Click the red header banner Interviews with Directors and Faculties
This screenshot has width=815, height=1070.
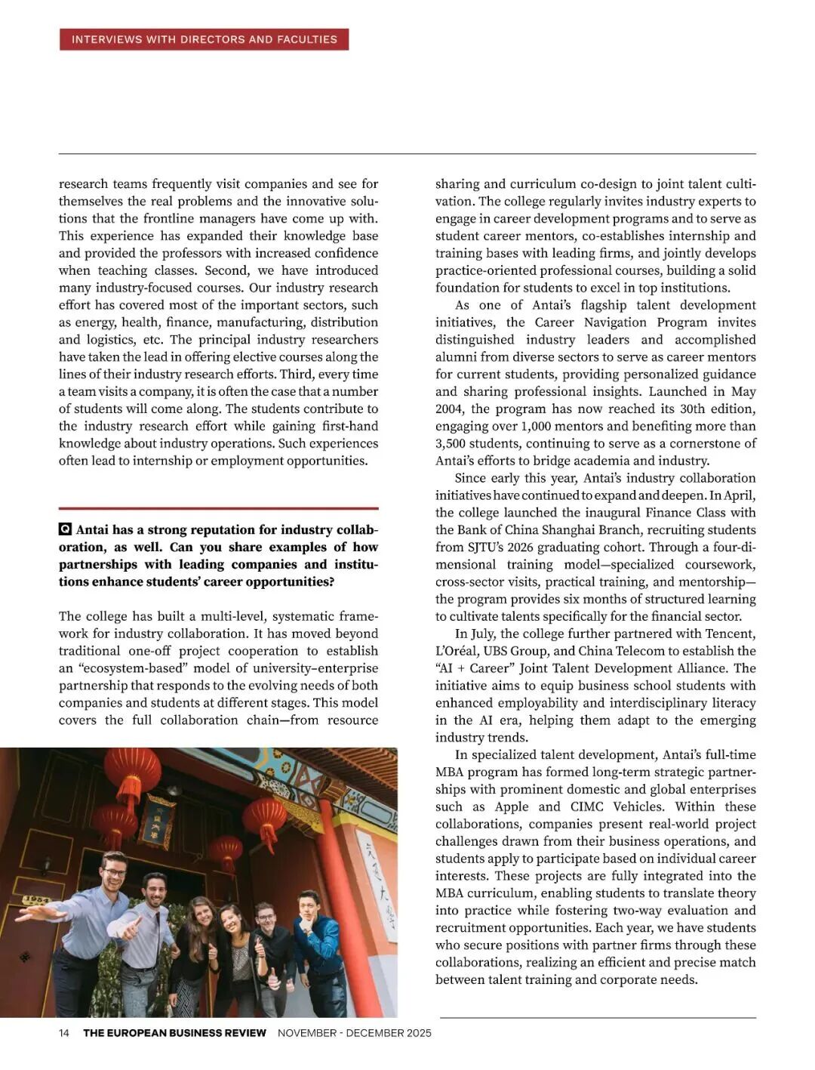pos(204,39)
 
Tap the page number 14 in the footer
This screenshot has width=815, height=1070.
pos(64,1033)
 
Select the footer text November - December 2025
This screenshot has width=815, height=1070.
pos(354,1033)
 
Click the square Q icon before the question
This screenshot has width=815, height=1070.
pos(65,530)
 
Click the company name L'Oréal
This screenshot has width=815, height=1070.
pos(455,651)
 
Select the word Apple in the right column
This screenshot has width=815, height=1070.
pos(512,806)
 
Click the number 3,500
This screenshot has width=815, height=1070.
pos(452,443)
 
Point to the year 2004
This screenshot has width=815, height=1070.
pos(449,409)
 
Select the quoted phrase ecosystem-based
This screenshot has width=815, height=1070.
pos(131,668)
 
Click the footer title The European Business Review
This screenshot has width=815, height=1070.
pos(174,1033)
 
